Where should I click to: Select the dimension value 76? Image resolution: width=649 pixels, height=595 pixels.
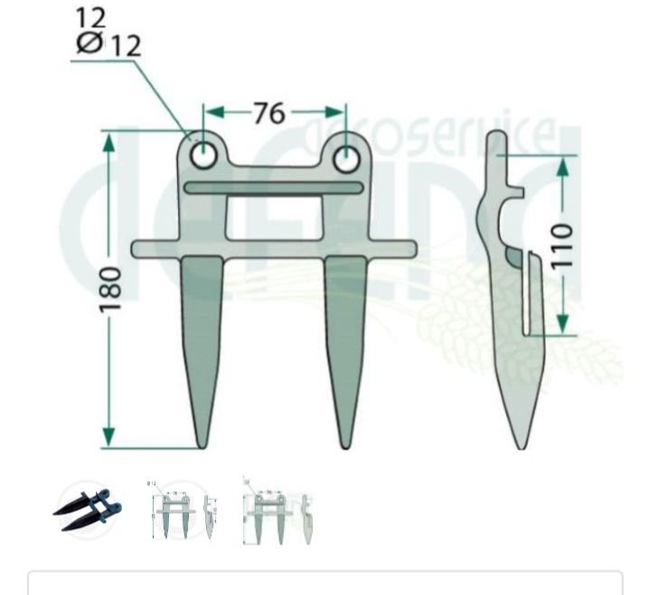(268, 114)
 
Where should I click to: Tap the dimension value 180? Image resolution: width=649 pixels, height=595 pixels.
(110, 289)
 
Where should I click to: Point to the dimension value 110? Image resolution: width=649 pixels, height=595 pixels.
(562, 245)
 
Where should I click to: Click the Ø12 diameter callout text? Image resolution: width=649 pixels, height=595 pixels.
(110, 44)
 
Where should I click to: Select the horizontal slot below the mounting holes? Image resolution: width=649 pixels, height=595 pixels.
(274, 188)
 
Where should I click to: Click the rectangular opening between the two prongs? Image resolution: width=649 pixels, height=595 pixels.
(274, 218)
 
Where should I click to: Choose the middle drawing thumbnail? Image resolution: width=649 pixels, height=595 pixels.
(183, 511)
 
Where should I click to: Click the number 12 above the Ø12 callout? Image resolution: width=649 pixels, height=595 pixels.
(91, 17)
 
